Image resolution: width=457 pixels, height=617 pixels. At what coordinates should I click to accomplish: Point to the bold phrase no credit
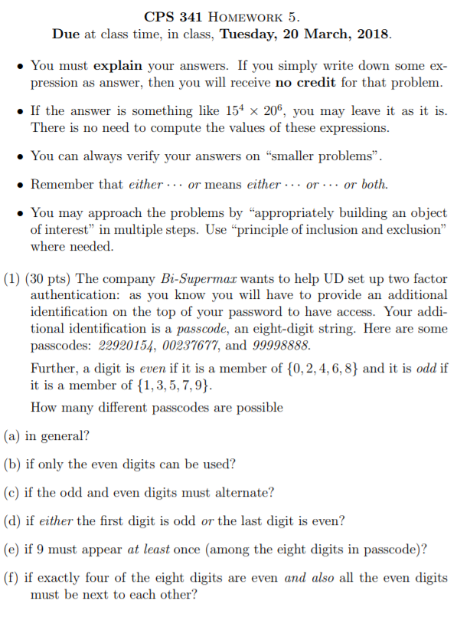[299, 81]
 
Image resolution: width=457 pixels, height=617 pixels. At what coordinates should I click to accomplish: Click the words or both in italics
[366, 185]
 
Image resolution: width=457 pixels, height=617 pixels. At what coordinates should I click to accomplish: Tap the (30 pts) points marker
[50, 278]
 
